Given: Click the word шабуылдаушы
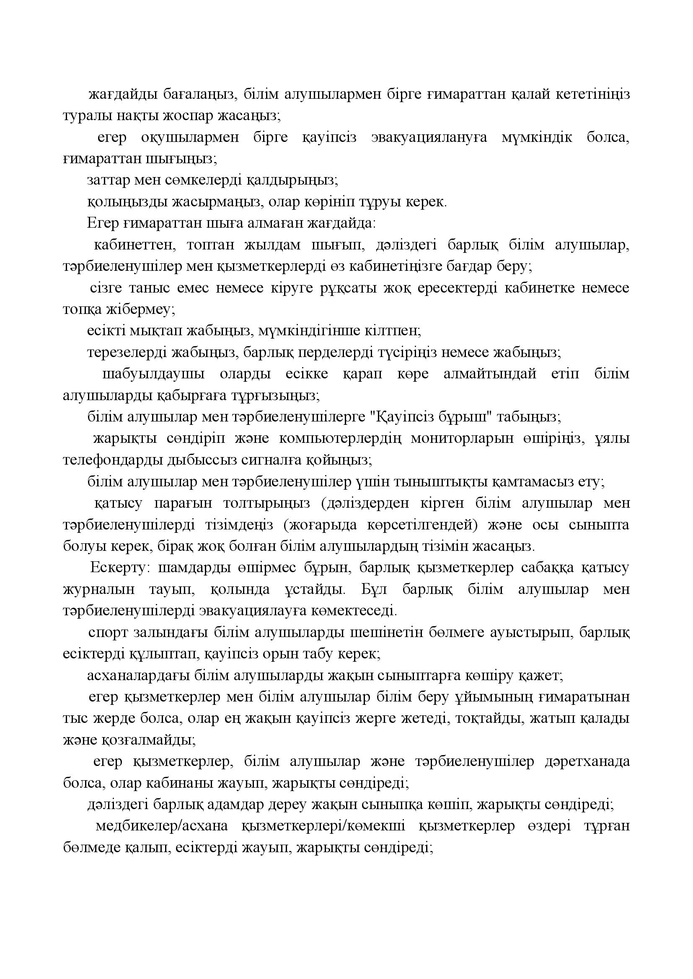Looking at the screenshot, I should [x=153, y=374].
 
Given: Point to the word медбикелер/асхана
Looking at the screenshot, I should [x=162, y=826].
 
